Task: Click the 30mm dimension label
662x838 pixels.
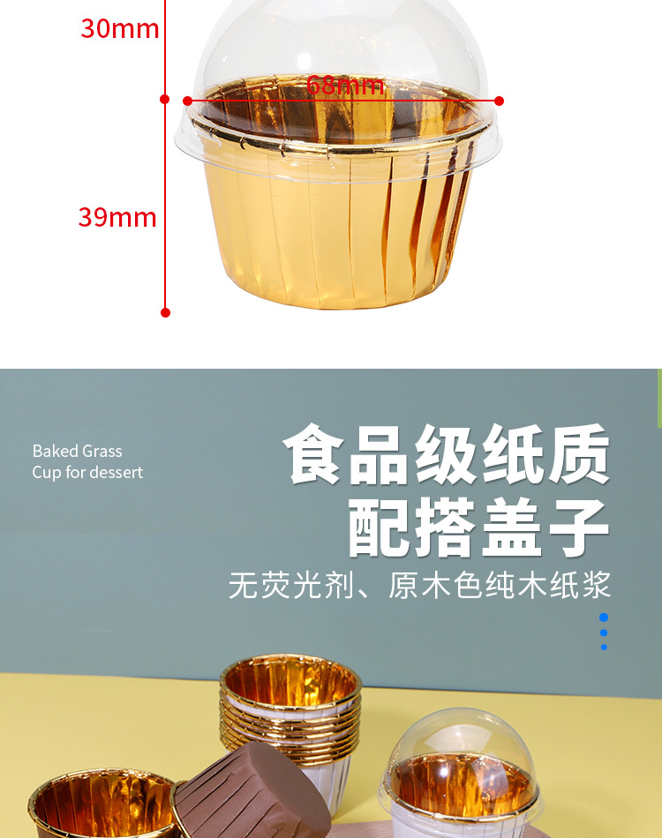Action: point(119,29)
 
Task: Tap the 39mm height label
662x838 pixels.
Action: point(117,217)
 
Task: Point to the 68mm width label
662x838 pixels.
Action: point(345,86)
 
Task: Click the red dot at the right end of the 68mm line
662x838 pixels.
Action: point(499,101)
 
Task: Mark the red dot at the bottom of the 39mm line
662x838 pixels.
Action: point(165,311)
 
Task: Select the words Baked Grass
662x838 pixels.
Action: point(77,451)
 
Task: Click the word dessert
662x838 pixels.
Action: point(115,472)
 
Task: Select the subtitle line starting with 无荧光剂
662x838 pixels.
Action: point(419,586)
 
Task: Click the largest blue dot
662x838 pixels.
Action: point(604,617)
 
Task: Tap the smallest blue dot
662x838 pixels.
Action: point(604,647)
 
